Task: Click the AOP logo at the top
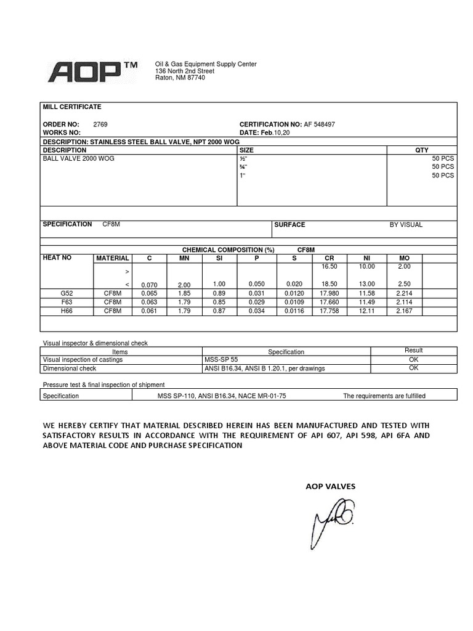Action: pos(92,71)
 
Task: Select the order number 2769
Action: pos(100,124)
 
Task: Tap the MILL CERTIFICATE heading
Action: pos(71,107)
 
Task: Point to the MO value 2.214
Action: pos(404,295)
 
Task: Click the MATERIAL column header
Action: pos(113,258)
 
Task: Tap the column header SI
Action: pos(219,258)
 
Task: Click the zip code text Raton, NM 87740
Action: pos(180,78)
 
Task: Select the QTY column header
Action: pos(422,150)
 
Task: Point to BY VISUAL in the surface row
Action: pos(406,225)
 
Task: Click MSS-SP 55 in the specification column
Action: pos(222,359)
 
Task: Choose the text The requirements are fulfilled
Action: pos(384,396)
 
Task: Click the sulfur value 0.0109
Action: pos(294,303)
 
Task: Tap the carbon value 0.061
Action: pos(149,311)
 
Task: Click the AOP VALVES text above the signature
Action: pos(331,486)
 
